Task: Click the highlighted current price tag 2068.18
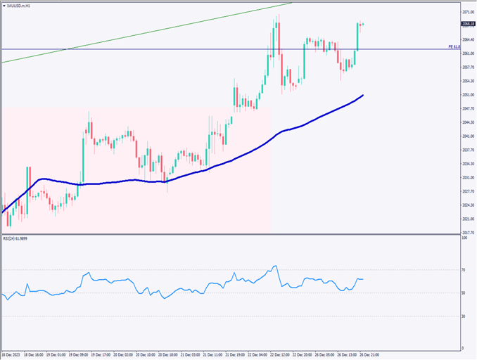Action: (x=467, y=25)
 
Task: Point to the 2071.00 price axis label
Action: (x=467, y=13)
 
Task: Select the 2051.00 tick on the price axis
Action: (x=467, y=95)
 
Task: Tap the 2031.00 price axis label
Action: (x=467, y=177)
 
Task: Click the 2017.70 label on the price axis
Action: (x=467, y=232)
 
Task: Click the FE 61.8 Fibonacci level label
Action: (x=454, y=46)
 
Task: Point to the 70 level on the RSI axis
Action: (x=464, y=269)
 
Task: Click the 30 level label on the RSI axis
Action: (x=464, y=316)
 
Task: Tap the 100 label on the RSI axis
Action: (x=464, y=238)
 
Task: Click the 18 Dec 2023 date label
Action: (x=13, y=355)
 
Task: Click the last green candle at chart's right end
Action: (x=357, y=37)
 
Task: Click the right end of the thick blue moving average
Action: (x=363, y=95)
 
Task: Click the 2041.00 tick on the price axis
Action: (x=467, y=136)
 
